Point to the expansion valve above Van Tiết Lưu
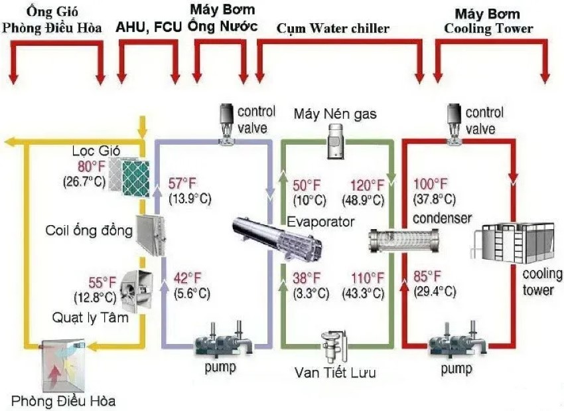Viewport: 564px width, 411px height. click(x=330, y=345)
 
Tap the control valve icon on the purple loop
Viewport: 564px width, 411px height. click(x=227, y=122)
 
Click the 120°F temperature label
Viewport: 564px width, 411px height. click(x=368, y=185)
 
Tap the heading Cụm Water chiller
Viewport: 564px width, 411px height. click(x=333, y=28)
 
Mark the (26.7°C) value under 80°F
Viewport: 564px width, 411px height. click(x=84, y=181)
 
